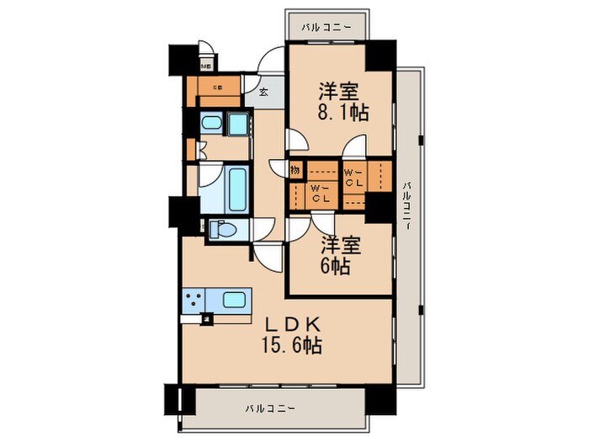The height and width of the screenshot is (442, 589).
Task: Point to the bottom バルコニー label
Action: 271,408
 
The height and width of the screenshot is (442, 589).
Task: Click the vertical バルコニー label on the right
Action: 406,210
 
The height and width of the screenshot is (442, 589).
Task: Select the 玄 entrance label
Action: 263,92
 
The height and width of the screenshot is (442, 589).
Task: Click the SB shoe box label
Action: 216,86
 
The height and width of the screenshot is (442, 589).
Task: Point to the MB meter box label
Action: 205,65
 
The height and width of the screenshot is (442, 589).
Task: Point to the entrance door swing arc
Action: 271,62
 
